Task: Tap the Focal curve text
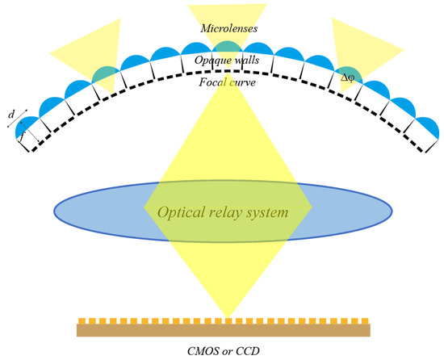[221, 81]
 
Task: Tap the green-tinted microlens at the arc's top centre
[222, 47]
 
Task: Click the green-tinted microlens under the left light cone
[105, 73]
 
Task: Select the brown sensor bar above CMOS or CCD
[224, 329]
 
